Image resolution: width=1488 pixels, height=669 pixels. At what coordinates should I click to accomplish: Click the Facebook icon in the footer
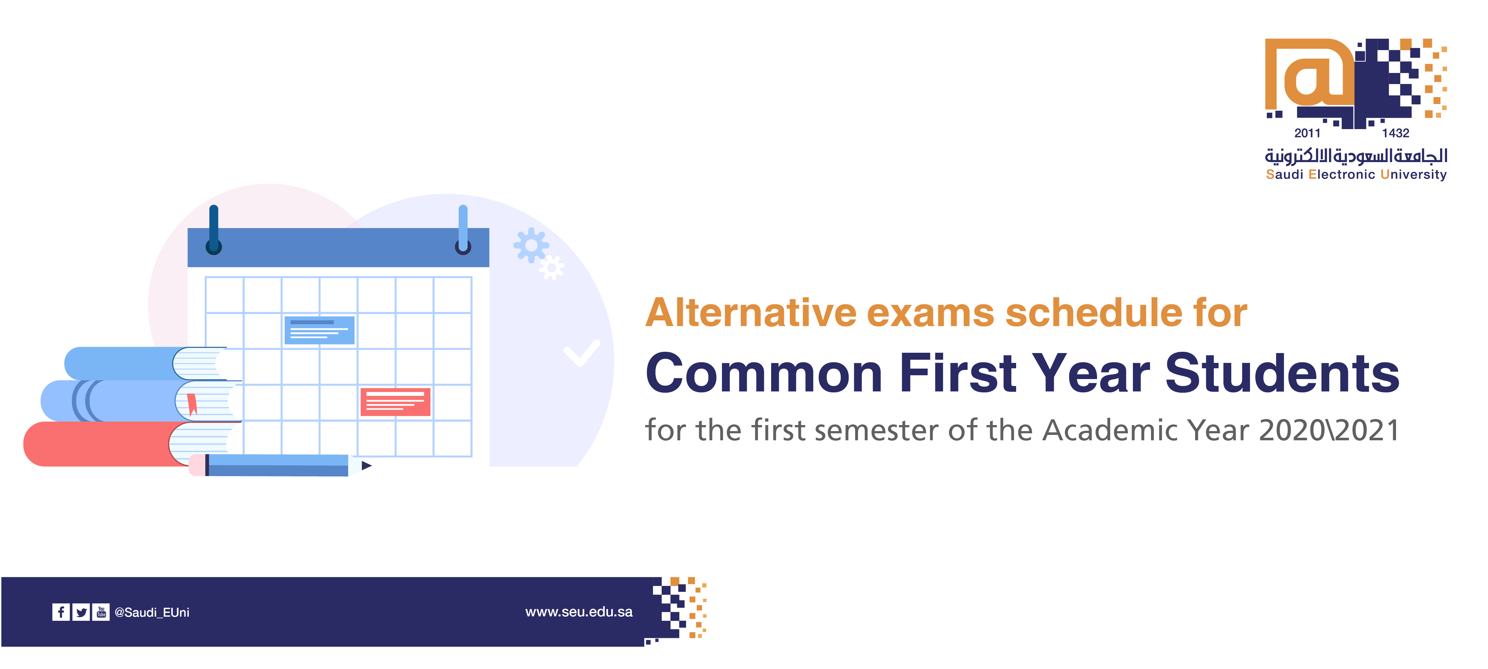pyautogui.click(x=61, y=612)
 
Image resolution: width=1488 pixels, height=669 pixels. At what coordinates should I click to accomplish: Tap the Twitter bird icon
pyautogui.click(x=82, y=612)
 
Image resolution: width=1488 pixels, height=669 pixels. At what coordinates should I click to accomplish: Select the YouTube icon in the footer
pyautogui.click(x=101, y=612)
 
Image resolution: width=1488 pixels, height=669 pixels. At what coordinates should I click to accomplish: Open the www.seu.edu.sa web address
pyautogui.click(x=579, y=612)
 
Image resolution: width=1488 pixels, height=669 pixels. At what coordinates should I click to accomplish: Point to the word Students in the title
pyautogui.click(x=1282, y=373)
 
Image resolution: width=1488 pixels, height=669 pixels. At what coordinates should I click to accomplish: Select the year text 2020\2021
pyautogui.click(x=1329, y=430)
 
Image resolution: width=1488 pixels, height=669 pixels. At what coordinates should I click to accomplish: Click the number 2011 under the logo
pyautogui.click(x=1307, y=133)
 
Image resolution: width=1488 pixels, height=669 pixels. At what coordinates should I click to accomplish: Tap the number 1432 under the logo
pyautogui.click(x=1396, y=133)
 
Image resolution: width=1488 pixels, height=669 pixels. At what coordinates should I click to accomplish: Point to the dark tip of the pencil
pyautogui.click(x=367, y=465)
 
